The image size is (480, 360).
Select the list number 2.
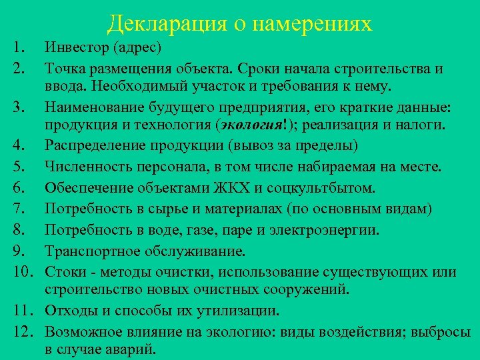(x=18, y=68)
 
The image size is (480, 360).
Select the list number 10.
(x=21, y=272)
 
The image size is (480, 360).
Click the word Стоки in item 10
(x=65, y=272)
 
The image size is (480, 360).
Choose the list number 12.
(x=21, y=331)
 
